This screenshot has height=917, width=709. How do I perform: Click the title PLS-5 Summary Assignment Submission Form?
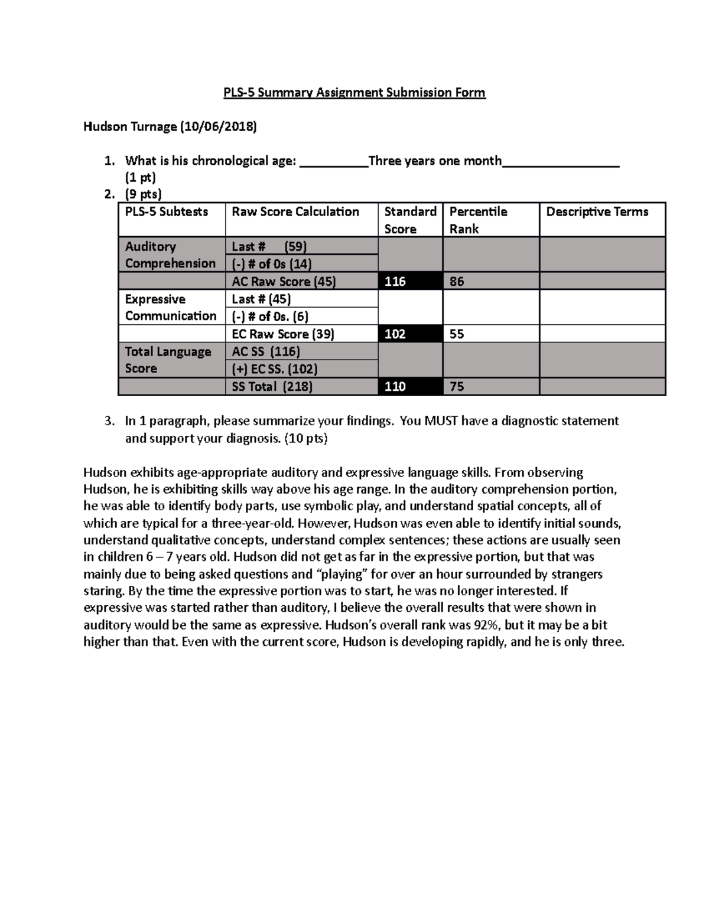354,93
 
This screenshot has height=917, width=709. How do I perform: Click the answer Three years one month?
435,161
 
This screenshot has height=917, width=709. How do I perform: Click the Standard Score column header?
410,220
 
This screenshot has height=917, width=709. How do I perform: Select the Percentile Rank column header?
478,220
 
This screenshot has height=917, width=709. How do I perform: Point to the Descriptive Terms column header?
597,212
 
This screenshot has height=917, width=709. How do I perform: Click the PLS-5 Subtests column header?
167,212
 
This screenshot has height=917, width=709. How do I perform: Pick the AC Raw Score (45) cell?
284,282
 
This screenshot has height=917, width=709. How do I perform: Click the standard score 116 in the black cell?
395,282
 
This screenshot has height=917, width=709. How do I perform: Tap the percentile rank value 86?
457,282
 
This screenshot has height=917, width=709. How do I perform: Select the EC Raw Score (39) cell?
283,334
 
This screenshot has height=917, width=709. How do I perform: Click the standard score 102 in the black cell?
395,334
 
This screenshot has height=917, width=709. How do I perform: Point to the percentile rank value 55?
457,334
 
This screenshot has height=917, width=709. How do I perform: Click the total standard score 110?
395,387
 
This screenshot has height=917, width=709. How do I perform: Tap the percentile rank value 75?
457,387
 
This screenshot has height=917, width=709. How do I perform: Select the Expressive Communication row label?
170,308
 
